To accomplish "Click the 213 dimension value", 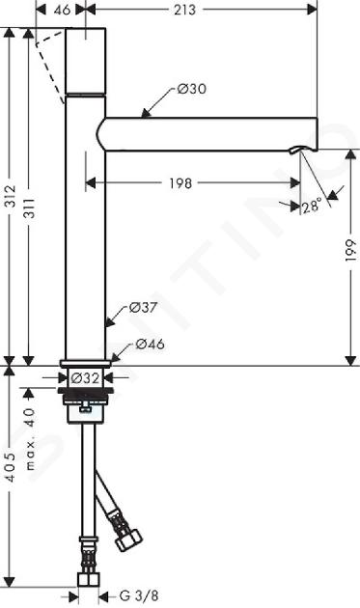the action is tap(184, 10).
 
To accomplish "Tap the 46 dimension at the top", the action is tap(62, 10).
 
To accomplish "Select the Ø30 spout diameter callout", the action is tap(192, 89).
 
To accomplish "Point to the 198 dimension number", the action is tap(180, 182).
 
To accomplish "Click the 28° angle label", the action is tap(312, 205).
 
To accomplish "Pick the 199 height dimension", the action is tap(350, 251).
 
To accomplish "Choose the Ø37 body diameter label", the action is tap(143, 308).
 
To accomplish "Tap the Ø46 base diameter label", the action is tap(151, 344).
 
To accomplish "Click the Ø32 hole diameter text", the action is tap(85, 377).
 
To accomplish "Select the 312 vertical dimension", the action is tap(10, 196).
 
